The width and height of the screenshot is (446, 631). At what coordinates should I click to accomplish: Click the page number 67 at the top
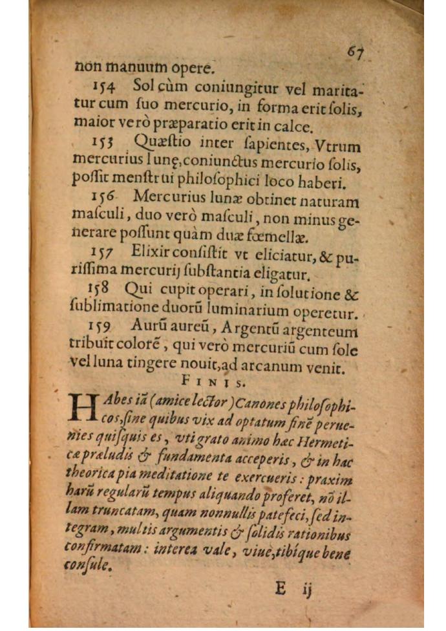354,52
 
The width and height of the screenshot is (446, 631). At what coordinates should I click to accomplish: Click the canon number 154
105,85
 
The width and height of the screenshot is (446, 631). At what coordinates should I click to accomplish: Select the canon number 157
103,251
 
